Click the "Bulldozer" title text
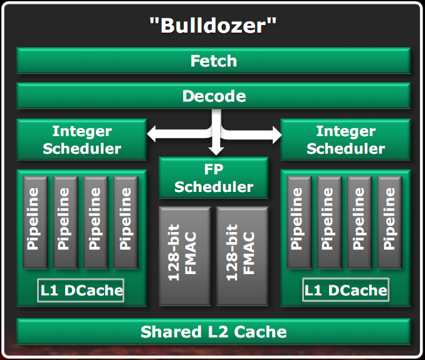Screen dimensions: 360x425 [x=212, y=26]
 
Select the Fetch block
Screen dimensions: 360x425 [x=213, y=61]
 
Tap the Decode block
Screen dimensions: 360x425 [x=213, y=96]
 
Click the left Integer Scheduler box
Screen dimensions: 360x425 [x=81, y=140]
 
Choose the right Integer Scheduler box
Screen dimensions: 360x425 [x=345, y=140]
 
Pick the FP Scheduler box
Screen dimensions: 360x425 [x=214, y=178]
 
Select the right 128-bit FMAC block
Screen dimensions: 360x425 [x=243, y=252]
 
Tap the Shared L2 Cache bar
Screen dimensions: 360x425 [x=213, y=331]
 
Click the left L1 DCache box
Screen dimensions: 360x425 [x=81, y=290]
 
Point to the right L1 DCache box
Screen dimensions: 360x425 [x=345, y=290]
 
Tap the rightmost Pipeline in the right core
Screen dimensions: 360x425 [x=391, y=223]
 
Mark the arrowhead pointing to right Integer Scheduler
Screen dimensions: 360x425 [x=276, y=132]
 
